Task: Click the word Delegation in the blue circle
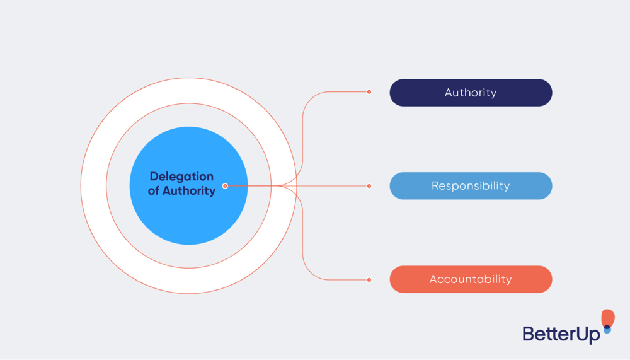181,177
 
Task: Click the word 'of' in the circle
154,190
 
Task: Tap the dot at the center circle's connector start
225,186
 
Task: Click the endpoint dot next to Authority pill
369,92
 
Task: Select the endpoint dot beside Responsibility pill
369,186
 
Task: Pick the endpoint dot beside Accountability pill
369,279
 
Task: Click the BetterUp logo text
561,334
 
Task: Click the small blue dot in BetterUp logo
607,330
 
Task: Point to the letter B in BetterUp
529,334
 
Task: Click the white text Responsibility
471,186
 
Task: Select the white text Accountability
471,279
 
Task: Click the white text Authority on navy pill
471,93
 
